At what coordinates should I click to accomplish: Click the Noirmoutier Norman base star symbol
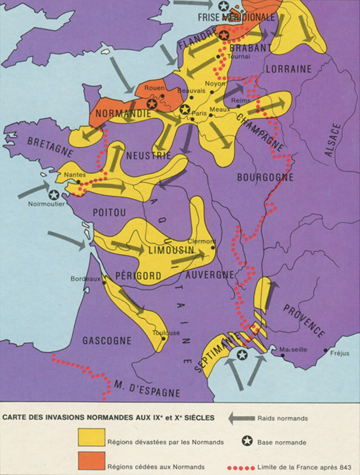pyautogui.click(x=54, y=195)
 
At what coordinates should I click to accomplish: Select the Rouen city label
pyautogui.click(x=154, y=88)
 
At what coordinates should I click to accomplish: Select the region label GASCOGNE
pyautogui.click(x=107, y=340)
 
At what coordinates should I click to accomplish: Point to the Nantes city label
pyautogui.click(x=74, y=174)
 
